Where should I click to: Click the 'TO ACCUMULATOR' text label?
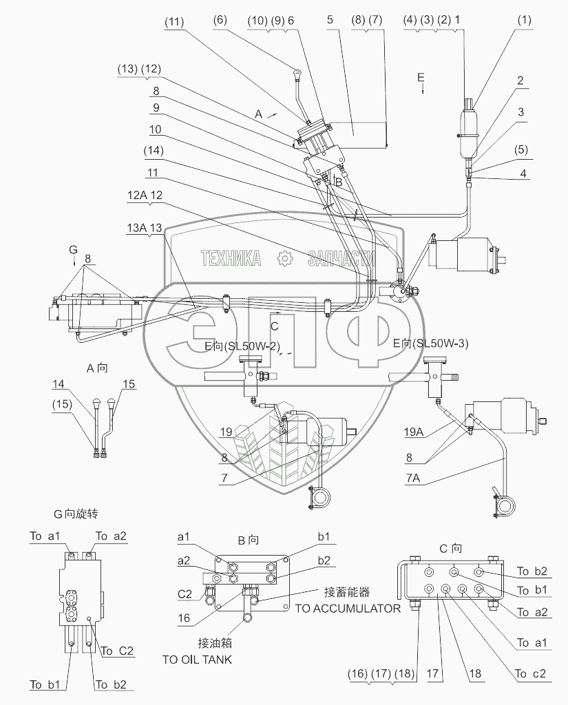pyautogui.click(x=348, y=609)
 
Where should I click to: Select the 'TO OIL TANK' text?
pyautogui.click(x=197, y=660)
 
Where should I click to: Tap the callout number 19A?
pyautogui.click(x=414, y=432)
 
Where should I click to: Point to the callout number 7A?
pyautogui.click(x=413, y=478)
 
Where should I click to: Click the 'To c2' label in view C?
pyautogui.click(x=530, y=673)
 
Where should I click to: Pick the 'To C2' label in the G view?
pyautogui.click(x=117, y=651)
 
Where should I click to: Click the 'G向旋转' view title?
pyautogui.click(x=76, y=514)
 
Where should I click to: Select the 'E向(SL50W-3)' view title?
pyautogui.click(x=430, y=344)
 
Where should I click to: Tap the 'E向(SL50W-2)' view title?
pyautogui.click(x=242, y=346)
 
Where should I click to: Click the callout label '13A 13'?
pyautogui.click(x=145, y=227)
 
